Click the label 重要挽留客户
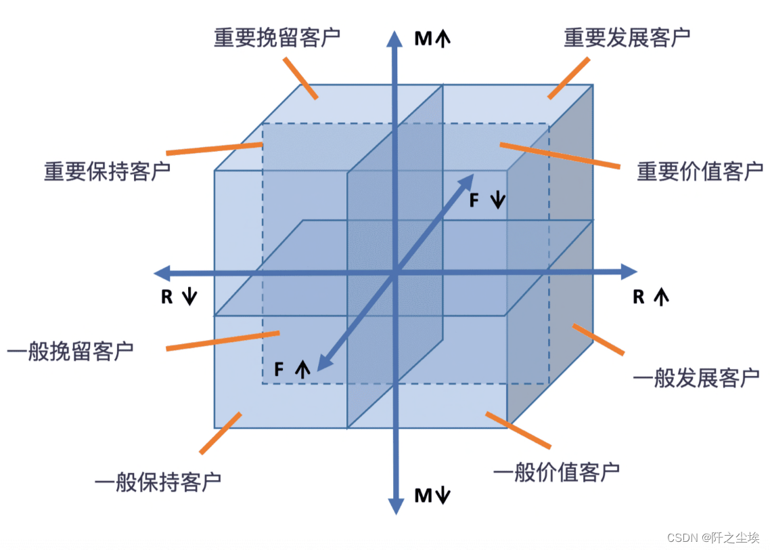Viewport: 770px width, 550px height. [x=277, y=37]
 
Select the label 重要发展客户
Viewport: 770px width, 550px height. [x=627, y=37]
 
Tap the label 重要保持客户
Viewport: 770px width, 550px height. [x=107, y=171]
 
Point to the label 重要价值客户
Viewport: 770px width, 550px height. [x=700, y=171]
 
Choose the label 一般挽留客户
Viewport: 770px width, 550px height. [x=70, y=352]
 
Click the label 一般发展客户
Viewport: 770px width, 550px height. [x=696, y=377]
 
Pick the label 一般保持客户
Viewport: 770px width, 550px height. [x=158, y=482]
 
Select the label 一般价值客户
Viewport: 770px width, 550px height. [x=556, y=471]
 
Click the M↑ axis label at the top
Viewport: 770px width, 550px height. [x=432, y=39]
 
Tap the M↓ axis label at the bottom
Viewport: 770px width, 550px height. [x=432, y=496]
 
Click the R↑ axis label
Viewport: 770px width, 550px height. [x=650, y=297]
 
